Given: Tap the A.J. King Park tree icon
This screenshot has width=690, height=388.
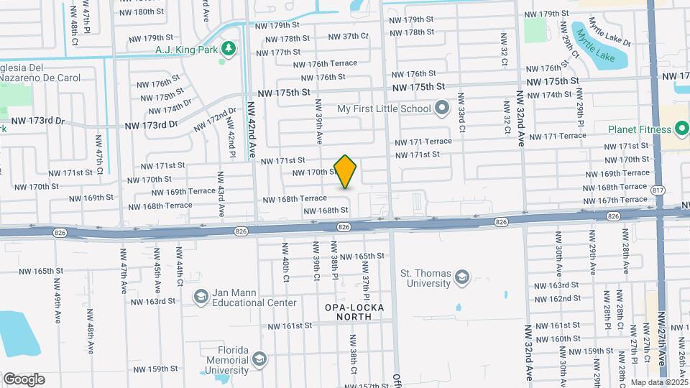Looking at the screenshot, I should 229,49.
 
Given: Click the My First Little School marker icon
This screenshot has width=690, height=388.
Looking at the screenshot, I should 442,109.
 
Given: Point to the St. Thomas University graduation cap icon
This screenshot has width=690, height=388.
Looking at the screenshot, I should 462,277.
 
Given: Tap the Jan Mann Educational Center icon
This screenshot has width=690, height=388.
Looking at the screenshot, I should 201,296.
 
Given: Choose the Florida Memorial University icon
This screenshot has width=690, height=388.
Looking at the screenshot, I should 259,358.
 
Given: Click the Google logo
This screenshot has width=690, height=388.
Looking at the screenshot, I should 24,379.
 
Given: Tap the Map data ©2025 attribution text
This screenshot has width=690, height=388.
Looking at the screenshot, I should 659,382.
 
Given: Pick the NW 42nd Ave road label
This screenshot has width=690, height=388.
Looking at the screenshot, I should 252,129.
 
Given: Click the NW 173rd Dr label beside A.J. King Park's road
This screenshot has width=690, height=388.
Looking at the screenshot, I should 151,125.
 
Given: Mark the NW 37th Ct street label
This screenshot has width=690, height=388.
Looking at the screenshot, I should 348,37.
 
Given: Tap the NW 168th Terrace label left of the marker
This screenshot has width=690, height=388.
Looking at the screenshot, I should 295,198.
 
